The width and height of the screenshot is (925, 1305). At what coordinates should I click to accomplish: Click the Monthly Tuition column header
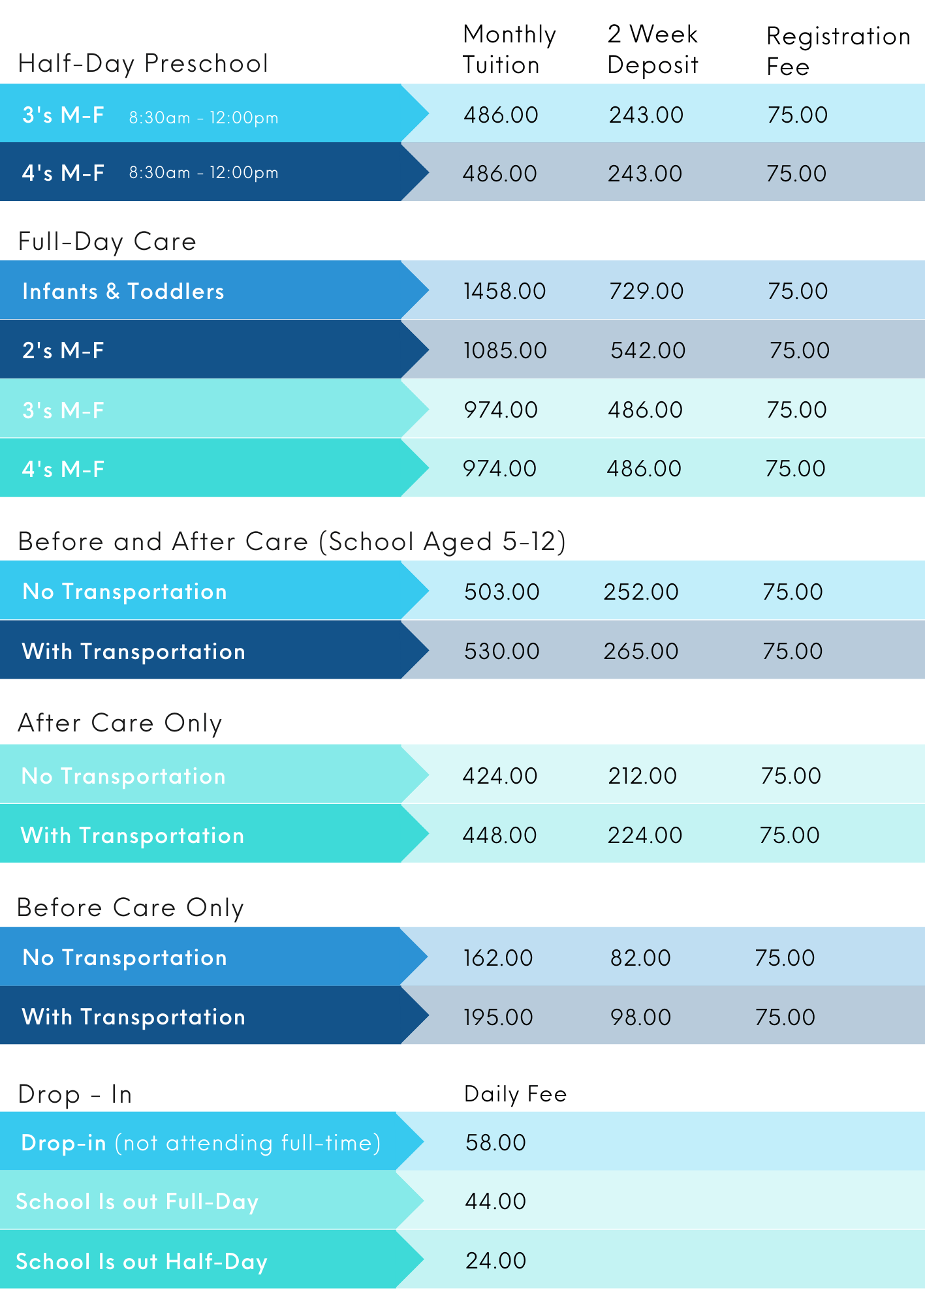point(509,50)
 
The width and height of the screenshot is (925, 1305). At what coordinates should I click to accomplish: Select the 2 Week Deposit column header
point(652,50)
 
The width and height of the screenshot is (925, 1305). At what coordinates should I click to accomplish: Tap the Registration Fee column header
point(838,51)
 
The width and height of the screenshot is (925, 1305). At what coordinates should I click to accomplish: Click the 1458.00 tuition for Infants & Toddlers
point(505,291)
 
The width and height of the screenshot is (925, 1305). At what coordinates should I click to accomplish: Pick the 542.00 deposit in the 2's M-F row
point(648,350)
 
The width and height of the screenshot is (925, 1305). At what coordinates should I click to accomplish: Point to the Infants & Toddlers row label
point(123,291)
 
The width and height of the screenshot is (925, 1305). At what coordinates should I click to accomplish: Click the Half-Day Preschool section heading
point(143,63)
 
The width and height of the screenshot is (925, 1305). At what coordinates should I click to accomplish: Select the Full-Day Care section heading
point(107,241)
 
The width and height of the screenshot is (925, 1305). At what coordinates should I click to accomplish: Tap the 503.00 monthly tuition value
point(501,592)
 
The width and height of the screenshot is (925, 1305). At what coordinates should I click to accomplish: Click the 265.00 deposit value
point(640,651)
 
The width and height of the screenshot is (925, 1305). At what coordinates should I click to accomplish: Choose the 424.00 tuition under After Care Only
point(499,776)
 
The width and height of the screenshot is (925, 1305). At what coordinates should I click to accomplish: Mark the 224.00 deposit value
point(644,835)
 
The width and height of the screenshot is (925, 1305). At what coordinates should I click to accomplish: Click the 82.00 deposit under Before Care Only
point(640,958)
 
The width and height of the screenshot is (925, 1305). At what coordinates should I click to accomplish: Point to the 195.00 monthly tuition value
point(498,1017)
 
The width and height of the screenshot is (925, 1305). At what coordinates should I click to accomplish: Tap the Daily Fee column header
point(515,1094)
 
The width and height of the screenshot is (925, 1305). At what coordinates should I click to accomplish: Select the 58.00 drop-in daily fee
point(495,1143)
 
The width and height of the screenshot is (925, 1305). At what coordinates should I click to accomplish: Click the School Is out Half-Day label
point(142,1261)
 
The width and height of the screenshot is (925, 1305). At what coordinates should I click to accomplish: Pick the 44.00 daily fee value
point(495,1201)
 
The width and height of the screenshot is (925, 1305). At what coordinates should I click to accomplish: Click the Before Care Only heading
point(131,908)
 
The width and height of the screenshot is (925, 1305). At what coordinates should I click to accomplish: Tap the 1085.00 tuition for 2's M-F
point(505,350)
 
